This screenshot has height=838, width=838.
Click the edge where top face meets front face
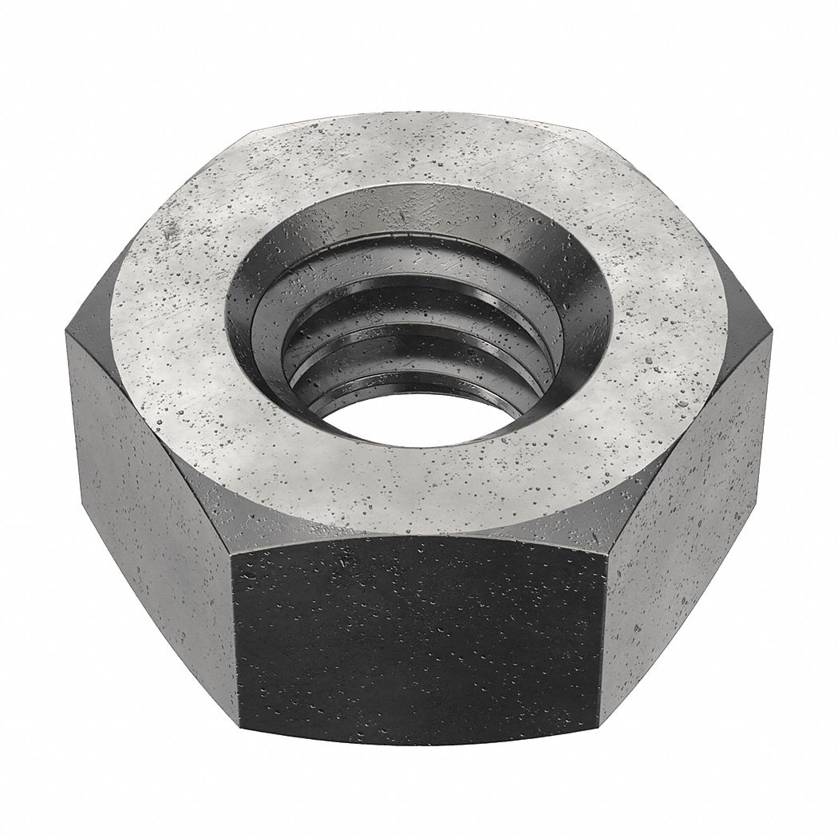pyautogui.click(x=419, y=536)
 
